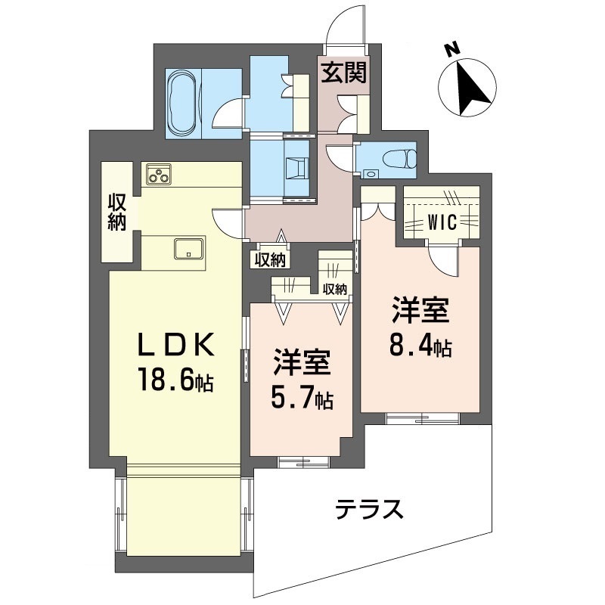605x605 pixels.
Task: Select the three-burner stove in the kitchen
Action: point(159,174)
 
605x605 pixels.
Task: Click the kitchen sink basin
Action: point(189,249)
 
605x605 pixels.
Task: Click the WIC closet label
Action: point(442,222)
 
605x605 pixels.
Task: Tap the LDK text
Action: point(176,346)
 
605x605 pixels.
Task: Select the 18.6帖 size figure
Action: point(175,380)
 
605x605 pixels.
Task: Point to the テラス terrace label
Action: point(369,509)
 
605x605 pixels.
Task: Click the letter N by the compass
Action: point(451,49)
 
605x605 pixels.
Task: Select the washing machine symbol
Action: point(296,168)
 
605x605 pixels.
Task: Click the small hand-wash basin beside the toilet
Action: point(371,174)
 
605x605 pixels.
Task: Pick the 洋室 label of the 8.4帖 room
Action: point(420,310)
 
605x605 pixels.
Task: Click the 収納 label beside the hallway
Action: point(270,260)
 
